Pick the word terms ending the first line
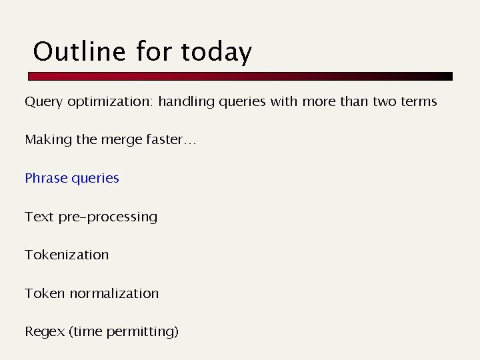pos(417,102)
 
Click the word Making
pos(47,140)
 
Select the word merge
pos(117,140)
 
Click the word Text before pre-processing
pos(38,217)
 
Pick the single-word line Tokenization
pos(67,255)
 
